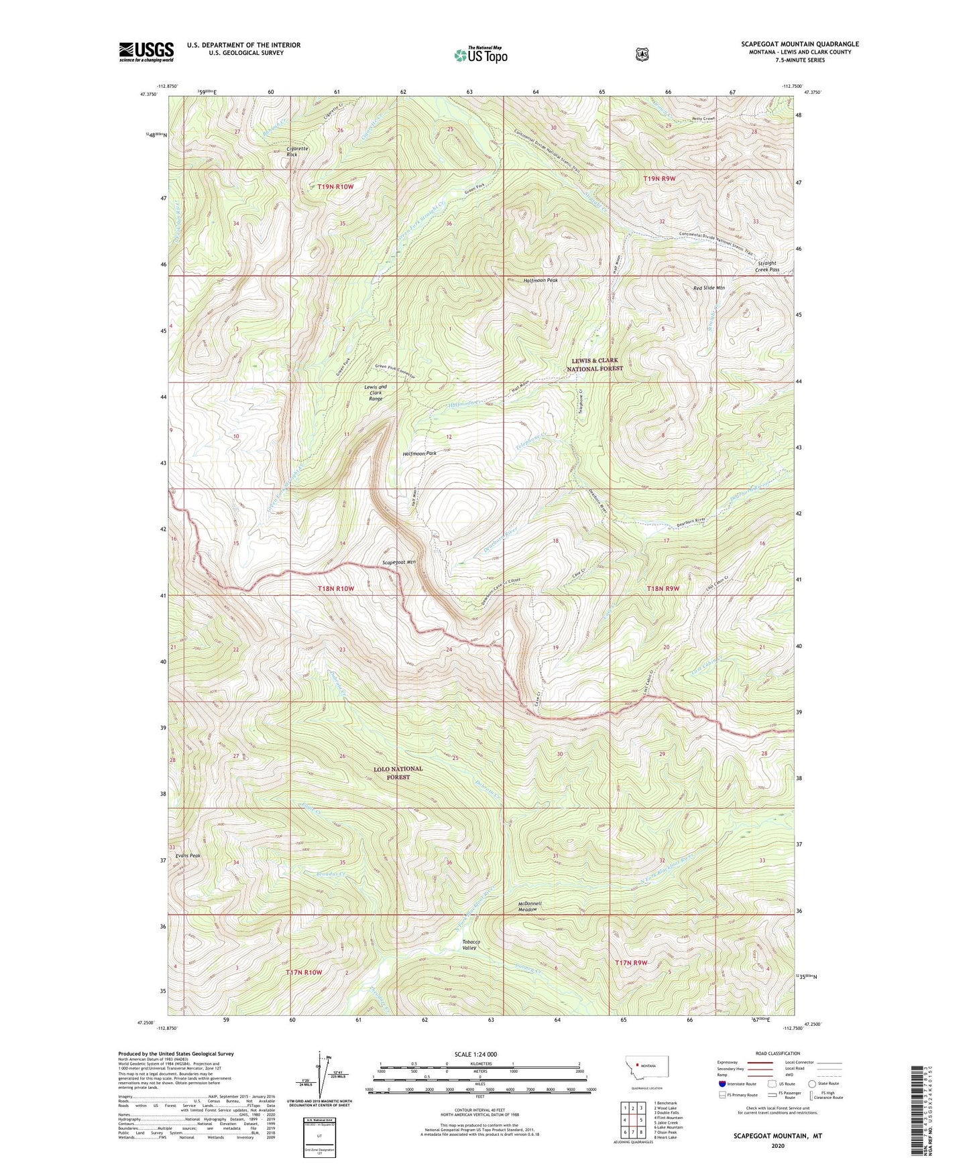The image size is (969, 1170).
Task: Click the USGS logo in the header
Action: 146,52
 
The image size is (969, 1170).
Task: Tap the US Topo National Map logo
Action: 479,54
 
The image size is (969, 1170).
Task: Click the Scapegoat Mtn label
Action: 399,562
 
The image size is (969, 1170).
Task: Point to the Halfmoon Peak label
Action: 540,280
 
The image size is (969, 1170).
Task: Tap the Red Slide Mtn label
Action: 709,288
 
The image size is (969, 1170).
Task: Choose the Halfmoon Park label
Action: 419,454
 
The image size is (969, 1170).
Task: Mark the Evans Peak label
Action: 188,856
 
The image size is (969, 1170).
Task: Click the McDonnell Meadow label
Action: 529,907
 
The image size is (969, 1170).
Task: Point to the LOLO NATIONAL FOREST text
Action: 398,773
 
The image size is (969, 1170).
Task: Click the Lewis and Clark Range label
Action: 376,393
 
